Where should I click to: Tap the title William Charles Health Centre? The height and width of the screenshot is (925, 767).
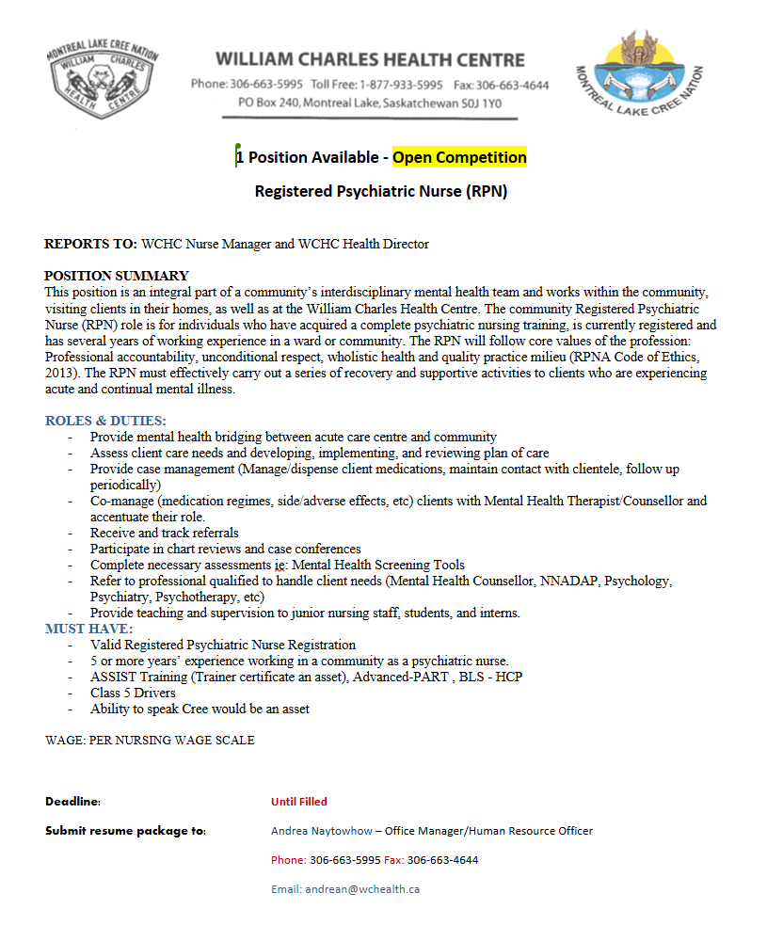(x=370, y=59)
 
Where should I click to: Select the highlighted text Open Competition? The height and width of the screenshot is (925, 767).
(x=459, y=157)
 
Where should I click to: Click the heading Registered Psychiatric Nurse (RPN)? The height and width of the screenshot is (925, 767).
(x=381, y=191)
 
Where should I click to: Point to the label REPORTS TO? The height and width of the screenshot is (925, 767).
(x=90, y=244)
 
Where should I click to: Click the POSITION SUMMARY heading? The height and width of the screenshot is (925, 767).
(x=117, y=276)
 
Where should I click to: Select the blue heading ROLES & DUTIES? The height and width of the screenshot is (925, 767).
(x=105, y=421)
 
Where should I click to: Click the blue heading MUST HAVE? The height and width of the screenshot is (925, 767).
(x=89, y=629)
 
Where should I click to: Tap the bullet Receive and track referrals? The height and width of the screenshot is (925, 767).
(x=165, y=533)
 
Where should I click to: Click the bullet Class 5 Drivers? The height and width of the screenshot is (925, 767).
(x=133, y=693)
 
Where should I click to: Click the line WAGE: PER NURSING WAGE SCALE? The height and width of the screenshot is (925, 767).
(x=150, y=740)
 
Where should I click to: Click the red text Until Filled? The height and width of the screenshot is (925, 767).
(x=299, y=802)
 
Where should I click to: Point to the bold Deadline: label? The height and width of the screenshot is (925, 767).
(x=72, y=802)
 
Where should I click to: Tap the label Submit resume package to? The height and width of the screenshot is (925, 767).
(x=125, y=831)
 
